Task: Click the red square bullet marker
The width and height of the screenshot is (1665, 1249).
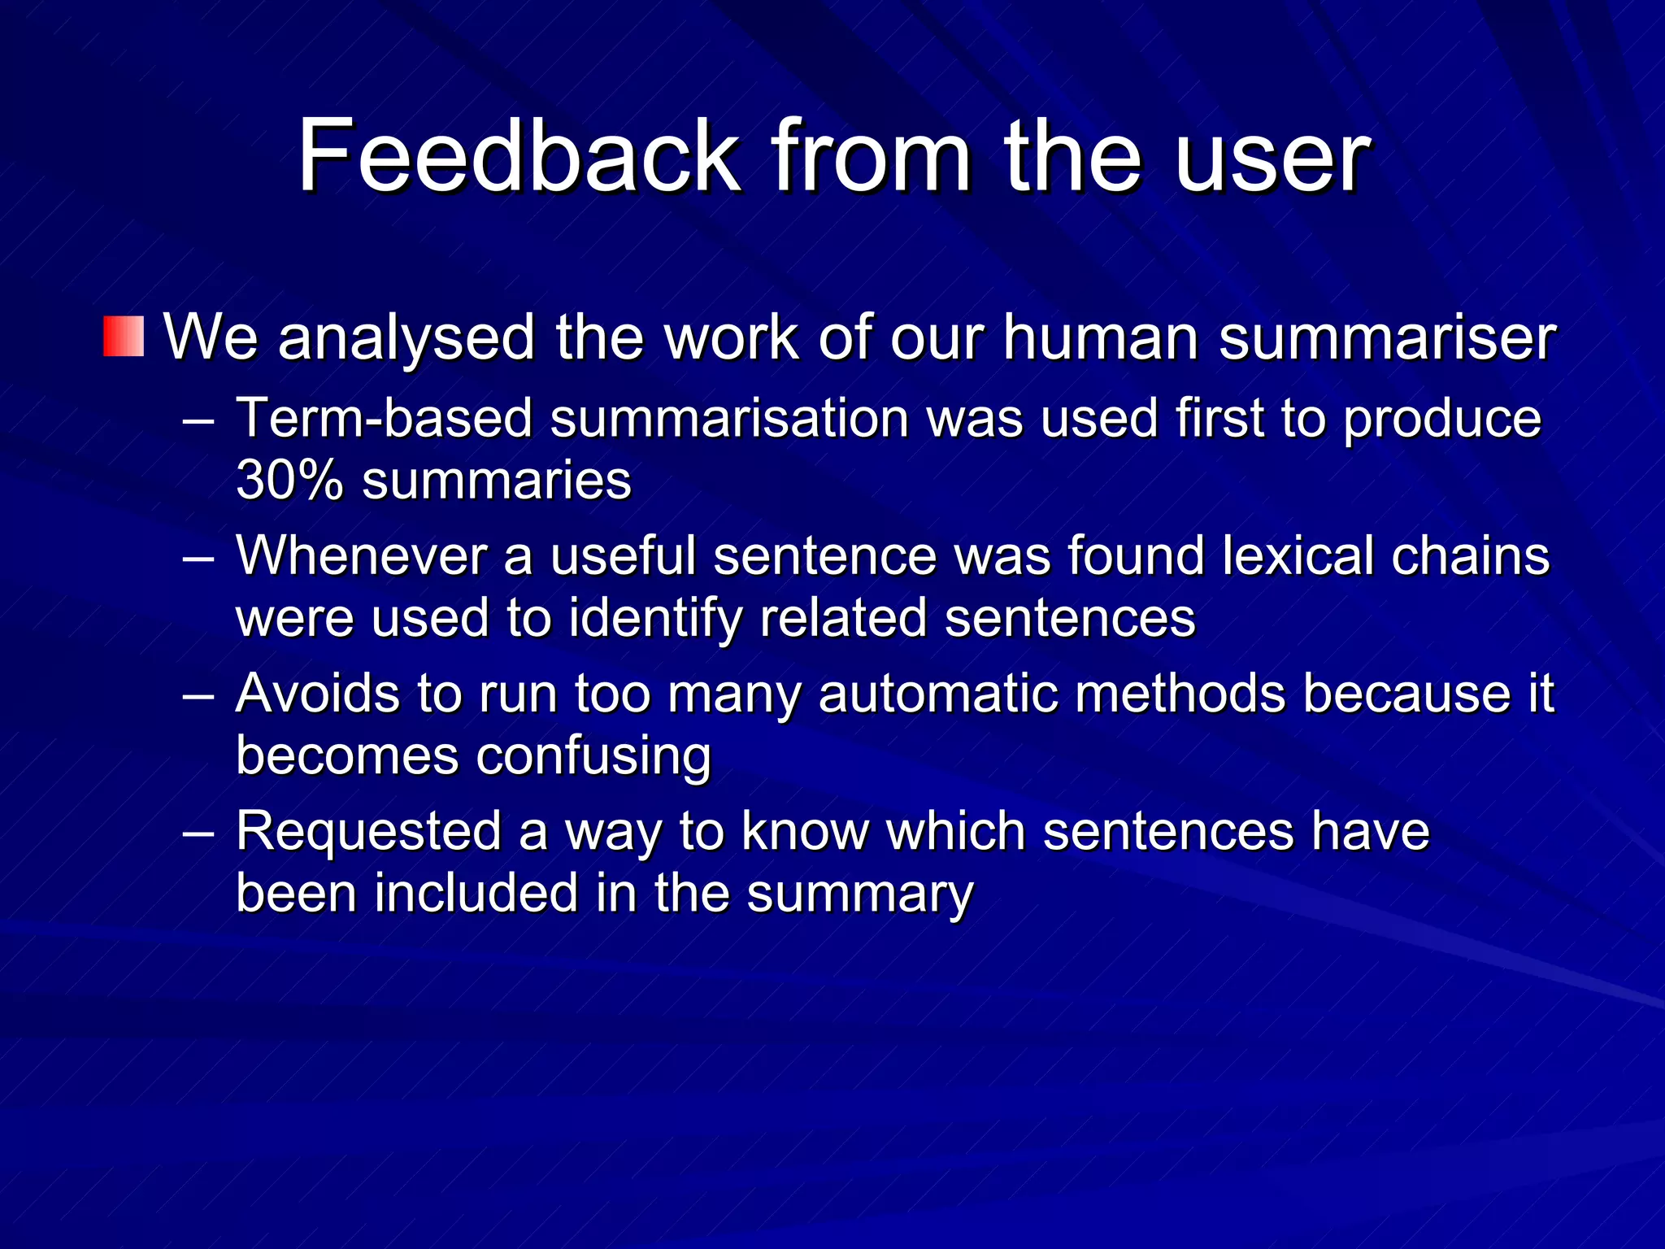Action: [x=124, y=337]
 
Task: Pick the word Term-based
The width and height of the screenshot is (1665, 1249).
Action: [x=384, y=418]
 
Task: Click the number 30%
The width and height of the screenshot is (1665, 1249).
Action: [x=289, y=480]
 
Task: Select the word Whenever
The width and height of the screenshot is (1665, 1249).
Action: [x=361, y=556]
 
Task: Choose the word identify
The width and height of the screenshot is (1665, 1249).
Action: [x=655, y=618]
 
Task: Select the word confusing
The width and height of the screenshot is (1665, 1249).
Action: [x=593, y=755]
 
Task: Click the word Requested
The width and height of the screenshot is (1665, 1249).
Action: [x=368, y=831]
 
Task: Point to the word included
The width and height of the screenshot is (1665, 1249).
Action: [x=476, y=893]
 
